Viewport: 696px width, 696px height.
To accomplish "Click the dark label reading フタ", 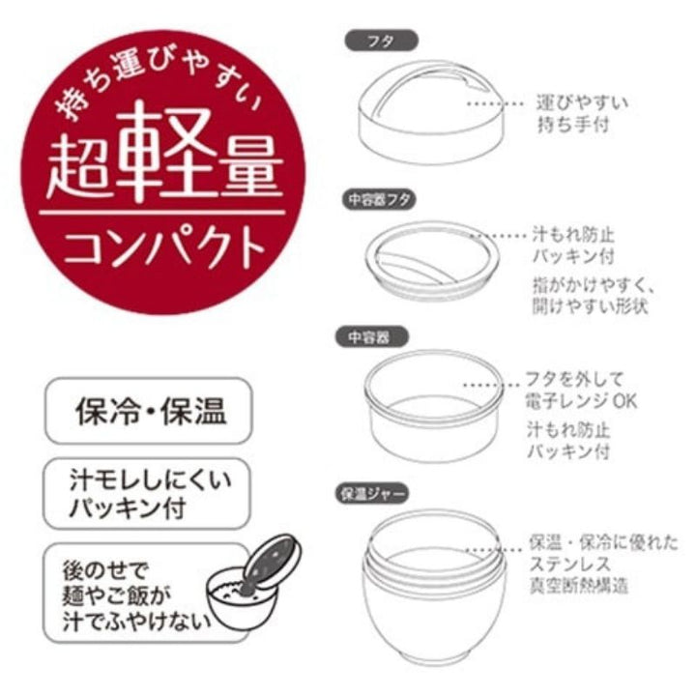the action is pos(381,41).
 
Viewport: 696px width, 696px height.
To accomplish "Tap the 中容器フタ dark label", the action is pos(379,199).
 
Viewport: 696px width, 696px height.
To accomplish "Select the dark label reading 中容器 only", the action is pos(371,337).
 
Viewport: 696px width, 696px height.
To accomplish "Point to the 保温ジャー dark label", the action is pos(371,494).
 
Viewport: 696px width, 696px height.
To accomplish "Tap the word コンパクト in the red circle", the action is pos(164,246).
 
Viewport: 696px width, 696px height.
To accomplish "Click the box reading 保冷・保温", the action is pos(148,411).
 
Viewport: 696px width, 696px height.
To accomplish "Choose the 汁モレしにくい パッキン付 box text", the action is pos(150,494).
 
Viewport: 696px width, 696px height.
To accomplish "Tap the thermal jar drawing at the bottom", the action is pos(434,586).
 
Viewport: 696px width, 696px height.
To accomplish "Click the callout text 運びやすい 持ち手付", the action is pos(582,114).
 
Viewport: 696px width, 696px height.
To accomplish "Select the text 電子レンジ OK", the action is pos(582,402).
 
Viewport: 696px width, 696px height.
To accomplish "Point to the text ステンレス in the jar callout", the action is pos(570,564).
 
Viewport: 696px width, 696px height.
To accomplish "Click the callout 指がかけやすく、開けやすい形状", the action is pos(593,295).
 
